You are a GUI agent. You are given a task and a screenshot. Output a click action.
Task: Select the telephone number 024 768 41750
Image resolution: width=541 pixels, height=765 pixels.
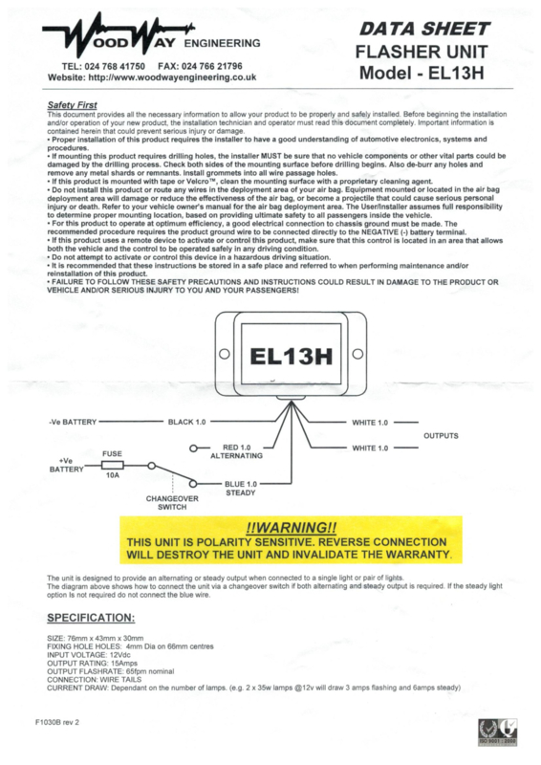(115, 66)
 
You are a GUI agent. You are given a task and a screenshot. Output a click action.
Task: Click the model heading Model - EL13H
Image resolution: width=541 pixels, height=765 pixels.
(422, 74)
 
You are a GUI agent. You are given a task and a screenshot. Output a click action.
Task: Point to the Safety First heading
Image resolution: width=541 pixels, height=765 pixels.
(73, 105)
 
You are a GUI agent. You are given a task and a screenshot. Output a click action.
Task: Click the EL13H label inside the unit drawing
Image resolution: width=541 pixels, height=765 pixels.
(292, 356)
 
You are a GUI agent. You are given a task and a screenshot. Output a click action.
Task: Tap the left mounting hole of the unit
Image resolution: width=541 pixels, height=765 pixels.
(225, 354)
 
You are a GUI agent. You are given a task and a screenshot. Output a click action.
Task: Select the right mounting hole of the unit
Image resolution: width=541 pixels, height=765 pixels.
(357, 354)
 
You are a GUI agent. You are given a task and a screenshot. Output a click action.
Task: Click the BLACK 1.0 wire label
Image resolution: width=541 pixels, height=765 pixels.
(186, 422)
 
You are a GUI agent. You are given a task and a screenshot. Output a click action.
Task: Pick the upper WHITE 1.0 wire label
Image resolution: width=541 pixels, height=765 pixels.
(370, 423)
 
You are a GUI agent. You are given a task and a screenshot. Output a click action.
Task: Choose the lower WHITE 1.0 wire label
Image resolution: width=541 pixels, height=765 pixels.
(370, 448)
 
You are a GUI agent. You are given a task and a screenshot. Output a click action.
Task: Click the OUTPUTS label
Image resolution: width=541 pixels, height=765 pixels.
(441, 436)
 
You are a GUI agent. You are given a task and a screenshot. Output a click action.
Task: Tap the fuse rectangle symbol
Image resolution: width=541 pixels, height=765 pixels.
(112, 465)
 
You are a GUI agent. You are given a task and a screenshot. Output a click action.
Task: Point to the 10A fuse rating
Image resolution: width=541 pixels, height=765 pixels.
(113, 474)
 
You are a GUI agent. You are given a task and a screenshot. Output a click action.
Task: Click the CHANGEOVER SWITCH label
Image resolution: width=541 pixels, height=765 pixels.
(172, 503)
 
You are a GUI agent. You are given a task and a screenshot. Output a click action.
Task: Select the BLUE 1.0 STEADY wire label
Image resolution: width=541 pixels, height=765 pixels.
(241, 489)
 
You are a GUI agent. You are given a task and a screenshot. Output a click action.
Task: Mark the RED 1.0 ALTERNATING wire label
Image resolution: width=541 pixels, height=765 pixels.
(237, 451)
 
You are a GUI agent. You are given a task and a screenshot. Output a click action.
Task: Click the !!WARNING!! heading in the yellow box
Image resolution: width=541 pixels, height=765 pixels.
(292, 528)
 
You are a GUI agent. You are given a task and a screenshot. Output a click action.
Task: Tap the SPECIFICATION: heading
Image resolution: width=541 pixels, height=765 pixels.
(91, 618)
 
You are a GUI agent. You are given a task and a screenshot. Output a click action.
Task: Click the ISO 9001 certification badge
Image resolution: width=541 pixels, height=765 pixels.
(498, 732)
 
